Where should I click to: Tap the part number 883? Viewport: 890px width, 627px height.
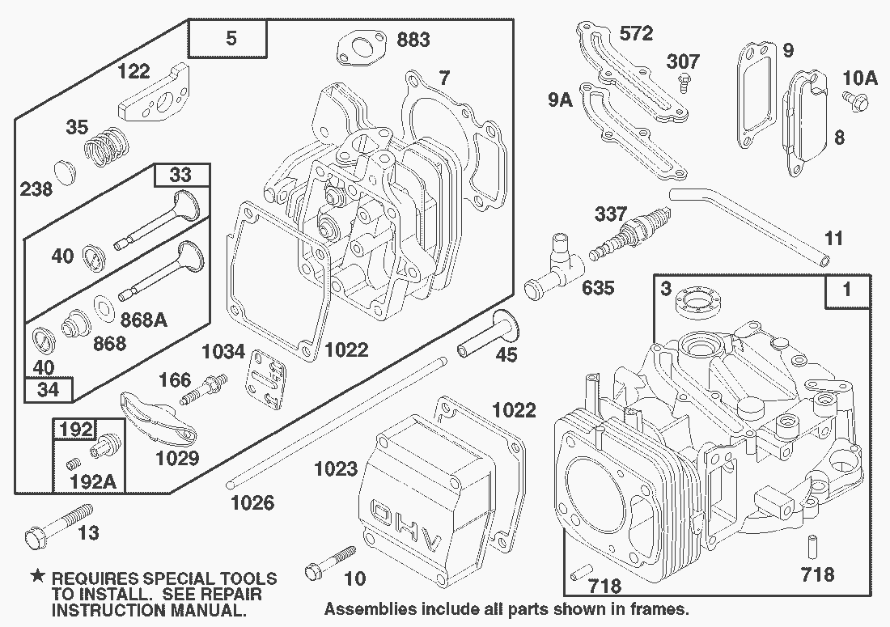[x=413, y=39]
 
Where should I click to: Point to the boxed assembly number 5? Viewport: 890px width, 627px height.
[x=231, y=39]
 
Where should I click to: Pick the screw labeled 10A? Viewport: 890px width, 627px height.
[x=854, y=100]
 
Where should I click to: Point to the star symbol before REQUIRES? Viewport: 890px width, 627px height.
[x=37, y=578]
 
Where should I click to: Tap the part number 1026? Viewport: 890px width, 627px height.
[x=252, y=503]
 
